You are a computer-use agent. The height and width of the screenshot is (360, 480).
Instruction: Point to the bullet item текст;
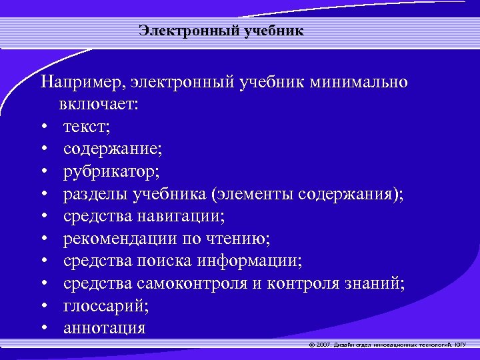coord(87,127)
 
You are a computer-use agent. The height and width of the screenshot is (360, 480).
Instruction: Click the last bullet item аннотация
coord(105,328)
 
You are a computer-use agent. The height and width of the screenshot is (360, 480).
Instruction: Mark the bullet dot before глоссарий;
coord(43,306)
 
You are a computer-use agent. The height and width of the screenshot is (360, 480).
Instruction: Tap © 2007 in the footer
coord(321,345)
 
